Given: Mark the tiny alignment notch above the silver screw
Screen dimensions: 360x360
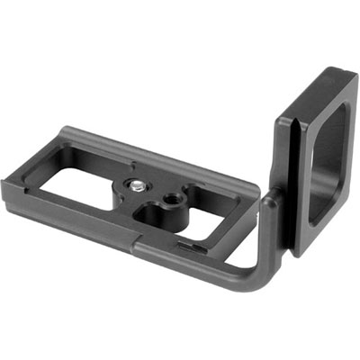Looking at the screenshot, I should pyautogui.click(x=134, y=165).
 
